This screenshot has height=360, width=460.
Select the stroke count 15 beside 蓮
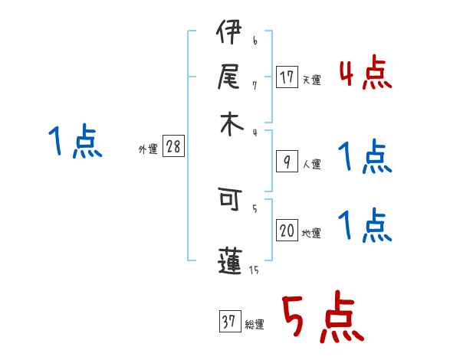pos(254,269)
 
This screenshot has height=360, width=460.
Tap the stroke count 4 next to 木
pos(255,133)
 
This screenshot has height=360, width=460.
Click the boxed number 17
pos(287,77)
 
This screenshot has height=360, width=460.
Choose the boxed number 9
pos(287,161)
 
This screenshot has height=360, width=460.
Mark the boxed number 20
pos(287,231)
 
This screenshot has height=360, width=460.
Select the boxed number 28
pos(173,147)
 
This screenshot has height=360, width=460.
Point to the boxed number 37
pos(229,322)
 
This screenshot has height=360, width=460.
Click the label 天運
pos(311,80)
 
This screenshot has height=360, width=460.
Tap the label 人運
pos(311,164)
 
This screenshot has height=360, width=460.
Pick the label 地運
pos(311,234)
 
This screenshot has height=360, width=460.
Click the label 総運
pos(255,325)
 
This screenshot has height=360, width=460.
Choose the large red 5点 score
pos(322,318)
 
